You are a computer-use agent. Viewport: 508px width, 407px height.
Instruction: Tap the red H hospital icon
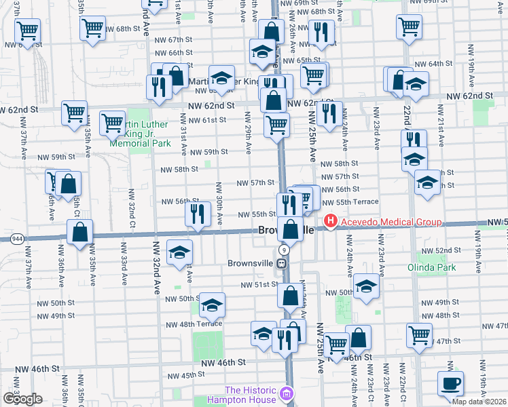click(331, 221)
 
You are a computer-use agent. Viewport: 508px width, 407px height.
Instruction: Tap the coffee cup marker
click(450, 383)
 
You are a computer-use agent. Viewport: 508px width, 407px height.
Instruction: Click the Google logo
click(22, 398)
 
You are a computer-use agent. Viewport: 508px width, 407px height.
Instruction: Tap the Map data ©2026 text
click(479, 402)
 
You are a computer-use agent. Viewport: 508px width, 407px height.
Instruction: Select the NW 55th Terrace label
click(350, 202)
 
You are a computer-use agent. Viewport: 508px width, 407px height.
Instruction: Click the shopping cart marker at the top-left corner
click(28, 30)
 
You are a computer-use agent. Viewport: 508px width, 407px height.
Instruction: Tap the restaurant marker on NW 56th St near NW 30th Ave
click(198, 214)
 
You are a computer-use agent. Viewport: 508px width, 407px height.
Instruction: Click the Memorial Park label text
click(141, 144)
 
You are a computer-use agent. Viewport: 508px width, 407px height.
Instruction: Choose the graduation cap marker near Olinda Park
click(366, 286)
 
